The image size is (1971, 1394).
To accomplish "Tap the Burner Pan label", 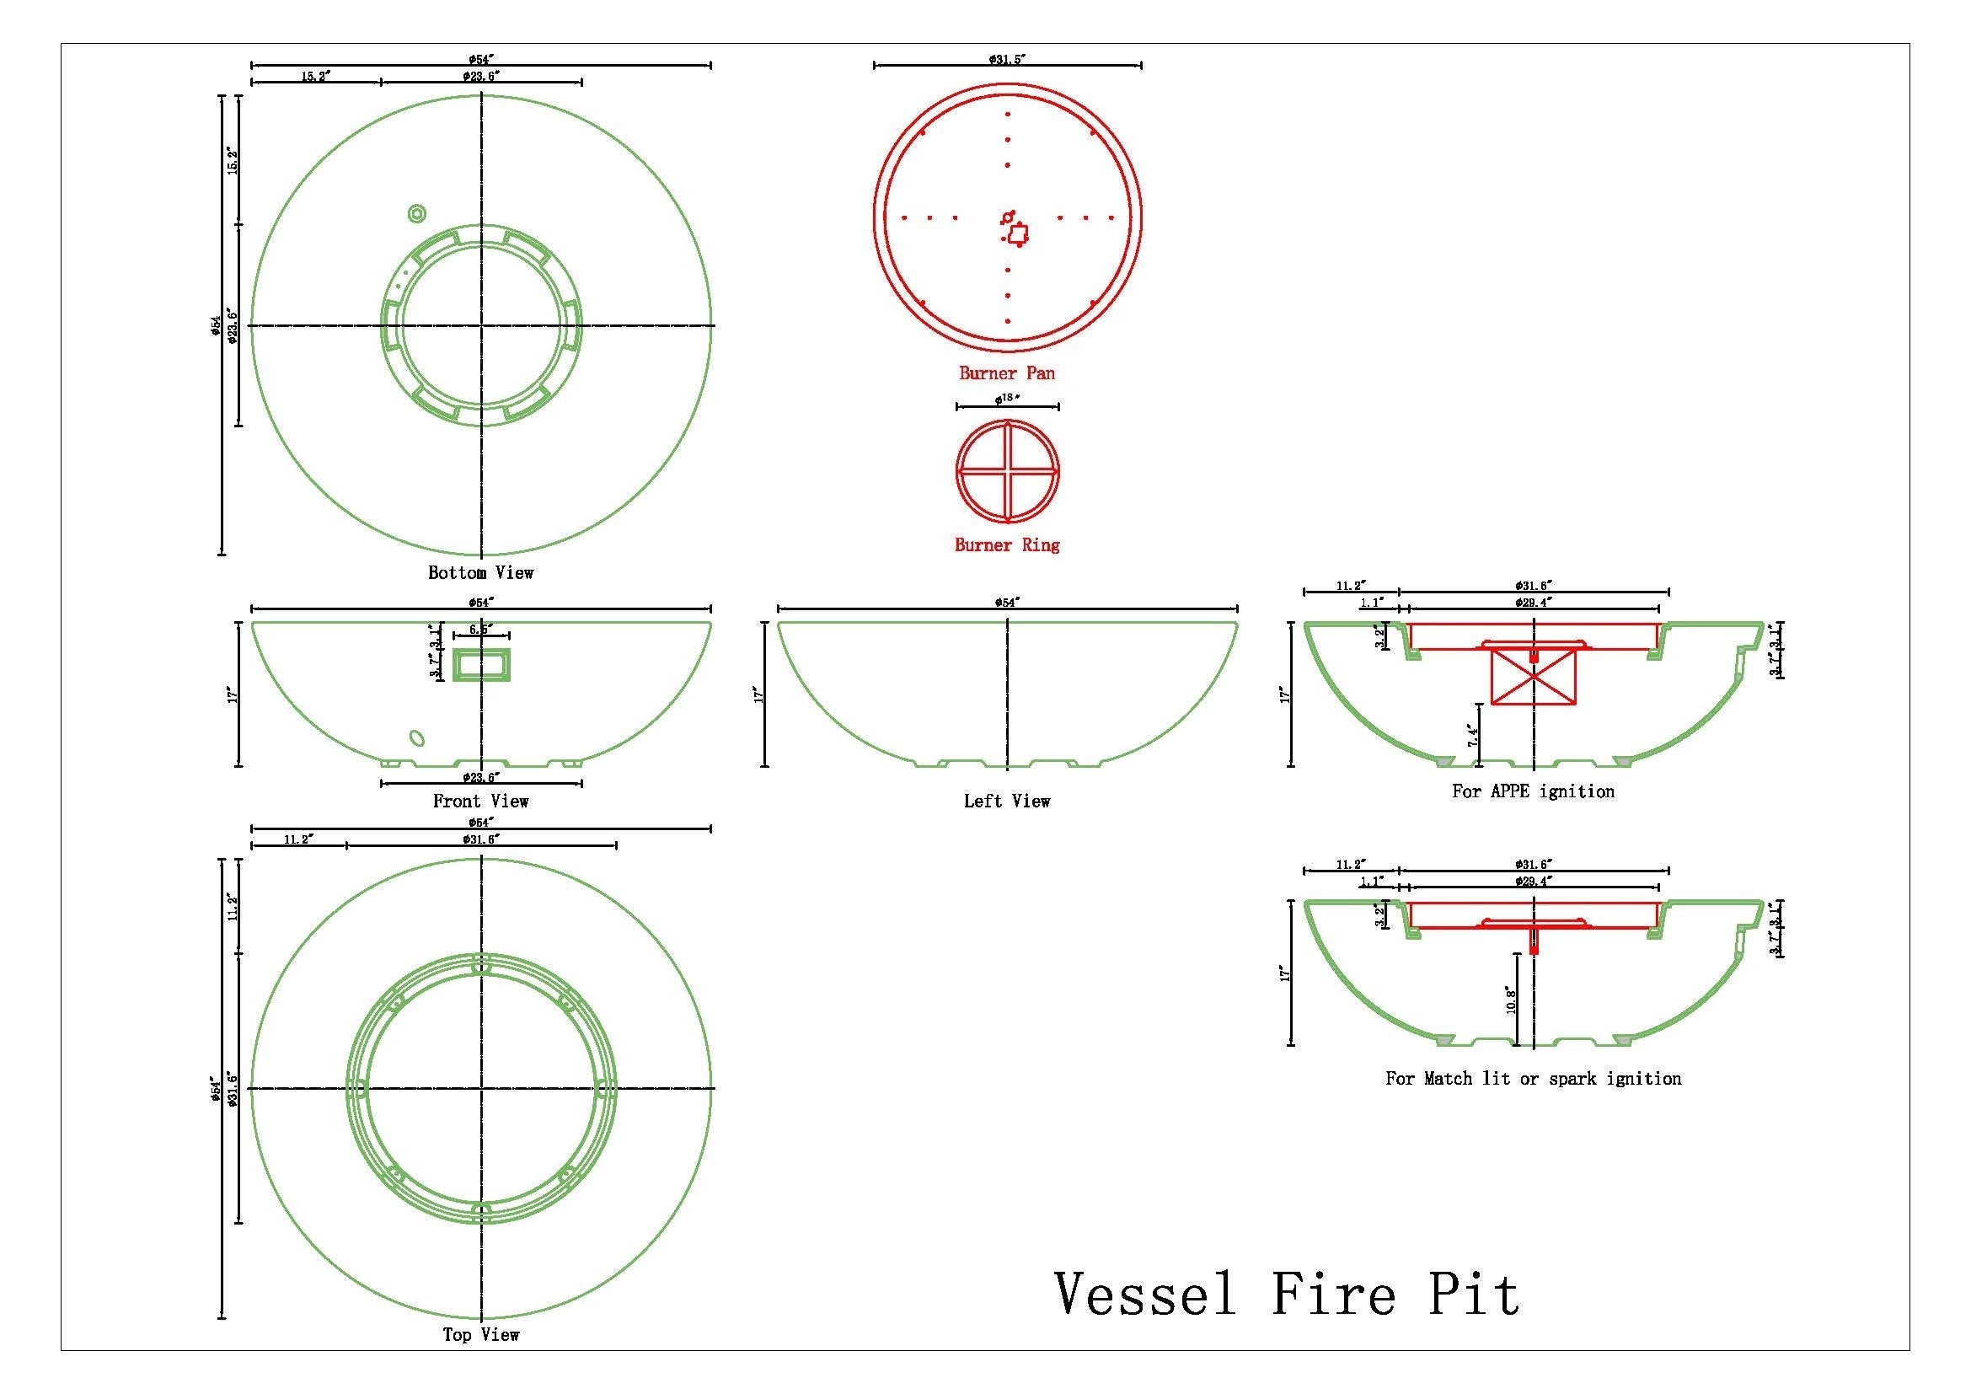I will (1007, 373).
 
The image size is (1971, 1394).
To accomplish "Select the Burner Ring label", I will (1007, 545).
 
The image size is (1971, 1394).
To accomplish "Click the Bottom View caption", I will (480, 572).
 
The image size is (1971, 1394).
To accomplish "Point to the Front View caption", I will (480, 801).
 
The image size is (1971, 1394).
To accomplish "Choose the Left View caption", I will (1007, 801).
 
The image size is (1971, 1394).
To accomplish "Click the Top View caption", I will (480, 1335).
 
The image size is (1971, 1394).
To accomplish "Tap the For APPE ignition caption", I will (1533, 791).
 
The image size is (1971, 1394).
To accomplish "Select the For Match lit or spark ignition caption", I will (1533, 1079).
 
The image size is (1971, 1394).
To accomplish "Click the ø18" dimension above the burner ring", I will (1006, 399).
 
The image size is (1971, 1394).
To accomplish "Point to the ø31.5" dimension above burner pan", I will (1007, 59).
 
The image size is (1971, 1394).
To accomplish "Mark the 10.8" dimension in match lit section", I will (1512, 1001).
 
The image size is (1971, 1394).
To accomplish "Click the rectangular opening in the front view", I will (482, 665).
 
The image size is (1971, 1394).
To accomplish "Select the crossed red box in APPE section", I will (1534, 677).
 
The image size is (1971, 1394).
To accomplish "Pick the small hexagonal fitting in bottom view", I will (416, 213).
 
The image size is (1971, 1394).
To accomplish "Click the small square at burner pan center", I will (1017, 233).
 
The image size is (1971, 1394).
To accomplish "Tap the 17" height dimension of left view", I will (758, 694).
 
